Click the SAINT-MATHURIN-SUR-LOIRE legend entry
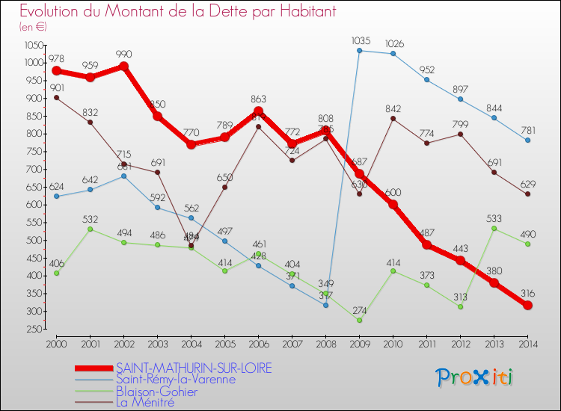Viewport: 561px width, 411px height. coord(194,368)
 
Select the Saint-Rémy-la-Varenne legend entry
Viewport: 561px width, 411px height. coord(176,379)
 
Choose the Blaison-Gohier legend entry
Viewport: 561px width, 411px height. coord(156,391)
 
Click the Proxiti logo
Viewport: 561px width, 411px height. coord(474,377)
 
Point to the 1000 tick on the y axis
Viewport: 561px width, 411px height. coord(34,63)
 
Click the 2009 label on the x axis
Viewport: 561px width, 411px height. coord(359,343)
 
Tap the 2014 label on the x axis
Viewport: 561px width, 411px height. coord(527,343)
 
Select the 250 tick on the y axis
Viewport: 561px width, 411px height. coord(34,330)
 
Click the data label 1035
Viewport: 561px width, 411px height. coord(361,40)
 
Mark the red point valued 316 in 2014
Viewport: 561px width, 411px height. coord(527,305)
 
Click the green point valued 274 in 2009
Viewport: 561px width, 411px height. coord(359,320)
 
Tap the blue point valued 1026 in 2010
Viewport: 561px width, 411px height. coord(393,54)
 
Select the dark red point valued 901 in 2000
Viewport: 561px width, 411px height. coord(56,98)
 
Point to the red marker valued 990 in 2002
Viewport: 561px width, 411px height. coord(123,67)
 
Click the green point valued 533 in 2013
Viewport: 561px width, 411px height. coord(494,228)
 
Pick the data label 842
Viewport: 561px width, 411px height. coord(393,109)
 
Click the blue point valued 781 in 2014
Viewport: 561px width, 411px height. coord(527,140)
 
